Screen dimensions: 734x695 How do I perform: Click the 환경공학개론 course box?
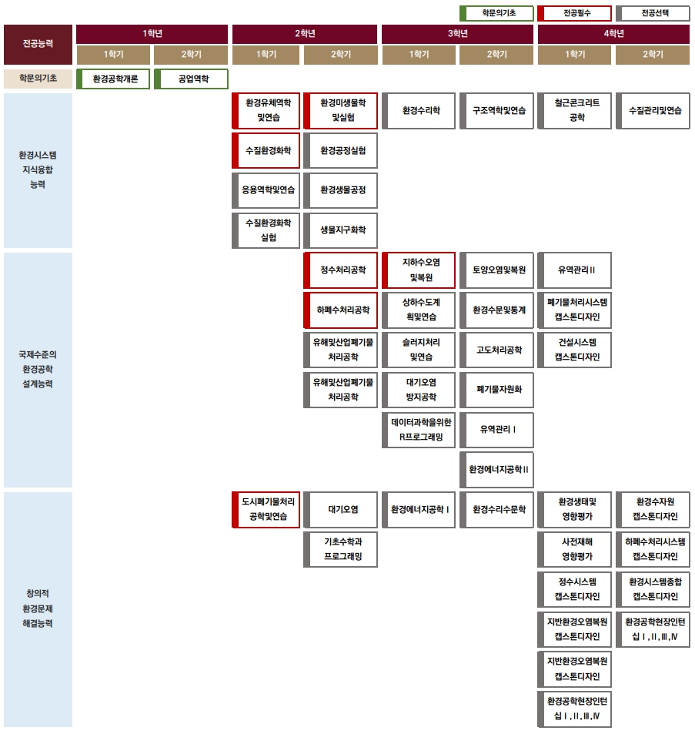point(114,79)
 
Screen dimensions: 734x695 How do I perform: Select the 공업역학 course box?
point(192,79)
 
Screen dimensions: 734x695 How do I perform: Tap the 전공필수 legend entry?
point(574,13)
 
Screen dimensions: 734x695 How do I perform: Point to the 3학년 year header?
point(457,34)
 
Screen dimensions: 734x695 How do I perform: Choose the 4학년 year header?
point(613,34)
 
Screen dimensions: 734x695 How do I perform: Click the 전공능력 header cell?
point(38,44)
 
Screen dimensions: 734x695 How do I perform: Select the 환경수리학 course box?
point(419,111)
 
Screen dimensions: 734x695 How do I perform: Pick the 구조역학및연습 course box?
point(497,111)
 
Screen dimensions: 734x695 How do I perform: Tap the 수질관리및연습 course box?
point(653,111)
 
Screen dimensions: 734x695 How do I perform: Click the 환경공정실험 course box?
point(342,150)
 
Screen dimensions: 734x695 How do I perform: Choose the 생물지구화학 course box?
point(342,230)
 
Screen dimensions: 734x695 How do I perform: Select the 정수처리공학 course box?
point(342,270)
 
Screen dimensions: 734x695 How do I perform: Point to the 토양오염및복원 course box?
point(497,270)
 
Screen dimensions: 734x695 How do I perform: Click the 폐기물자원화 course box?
point(497,390)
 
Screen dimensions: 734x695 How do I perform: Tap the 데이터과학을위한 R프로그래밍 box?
point(419,430)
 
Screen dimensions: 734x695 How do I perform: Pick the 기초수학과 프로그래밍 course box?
point(342,549)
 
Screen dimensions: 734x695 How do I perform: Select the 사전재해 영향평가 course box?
point(576,549)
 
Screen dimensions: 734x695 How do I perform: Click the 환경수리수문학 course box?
point(497,509)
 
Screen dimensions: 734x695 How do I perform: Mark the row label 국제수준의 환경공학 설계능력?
point(38,369)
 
